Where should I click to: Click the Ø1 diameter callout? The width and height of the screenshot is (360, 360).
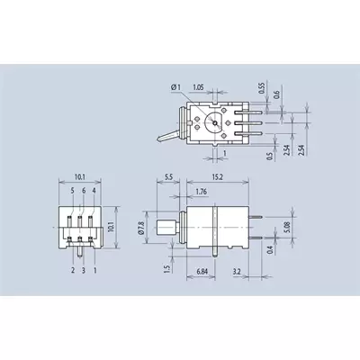[x=176, y=87]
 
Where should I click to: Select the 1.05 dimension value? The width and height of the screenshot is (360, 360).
[x=198, y=87]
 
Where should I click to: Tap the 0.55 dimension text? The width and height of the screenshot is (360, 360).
[x=262, y=88]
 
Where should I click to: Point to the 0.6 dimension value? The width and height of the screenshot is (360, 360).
[x=277, y=94]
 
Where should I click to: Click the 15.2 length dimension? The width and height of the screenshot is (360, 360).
[x=218, y=177]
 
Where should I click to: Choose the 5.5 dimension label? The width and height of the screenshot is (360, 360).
[x=168, y=177]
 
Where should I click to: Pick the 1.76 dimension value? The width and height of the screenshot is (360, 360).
[x=201, y=192]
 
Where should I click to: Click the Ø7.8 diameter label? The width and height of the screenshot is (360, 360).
[x=142, y=228]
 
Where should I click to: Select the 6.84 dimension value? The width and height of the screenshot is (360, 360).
[x=202, y=272]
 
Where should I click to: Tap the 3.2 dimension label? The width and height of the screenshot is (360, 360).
[x=237, y=272]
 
